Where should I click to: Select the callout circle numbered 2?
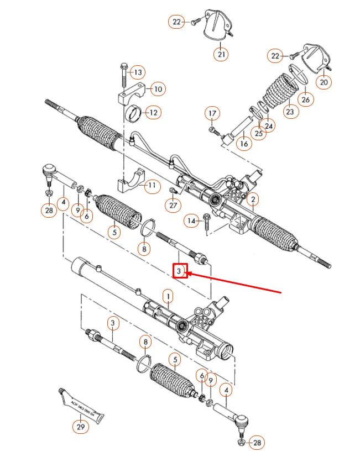[x=252, y=199]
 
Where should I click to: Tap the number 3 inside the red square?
[x=180, y=271]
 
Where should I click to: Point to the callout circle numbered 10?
[x=157, y=89]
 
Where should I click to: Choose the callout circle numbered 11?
[x=151, y=186]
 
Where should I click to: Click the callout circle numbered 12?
[x=153, y=113]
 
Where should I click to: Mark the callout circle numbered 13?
[x=138, y=72]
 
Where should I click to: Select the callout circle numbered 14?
[x=191, y=221]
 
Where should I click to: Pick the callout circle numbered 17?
[x=212, y=114]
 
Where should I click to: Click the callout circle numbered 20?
[x=324, y=82]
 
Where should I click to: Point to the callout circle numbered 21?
[x=221, y=54]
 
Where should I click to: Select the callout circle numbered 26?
[x=305, y=99]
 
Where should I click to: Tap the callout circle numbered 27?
[x=174, y=206]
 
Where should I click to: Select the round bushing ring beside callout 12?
[x=134, y=115]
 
